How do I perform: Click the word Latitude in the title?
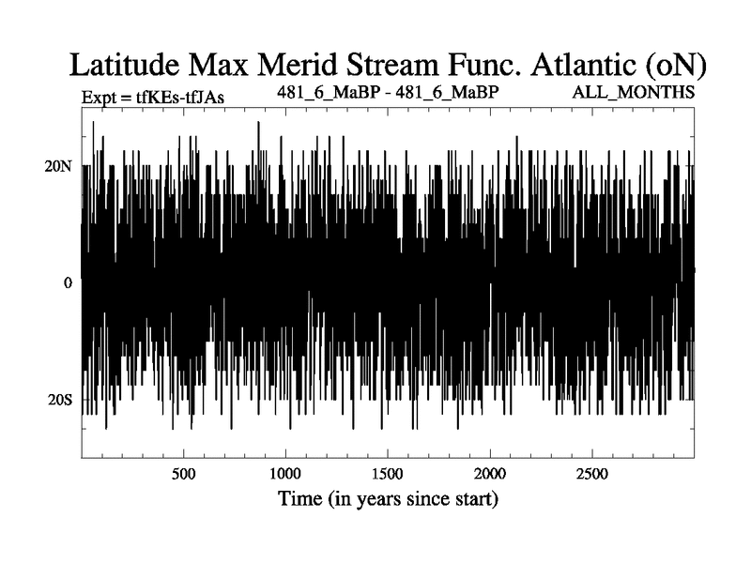click(x=125, y=65)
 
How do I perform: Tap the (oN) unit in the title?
click(x=675, y=66)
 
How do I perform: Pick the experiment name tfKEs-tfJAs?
click(x=180, y=98)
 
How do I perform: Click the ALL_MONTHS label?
click(x=633, y=92)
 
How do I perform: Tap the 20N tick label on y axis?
click(x=58, y=166)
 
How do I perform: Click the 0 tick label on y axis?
click(x=68, y=283)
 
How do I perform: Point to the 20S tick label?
click(x=60, y=400)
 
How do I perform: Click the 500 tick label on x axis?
click(x=183, y=474)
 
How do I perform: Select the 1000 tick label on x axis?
click(x=285, y=474)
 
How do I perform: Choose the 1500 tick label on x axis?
click(x=387, y=474)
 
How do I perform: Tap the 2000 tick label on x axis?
click(x=490, y=474)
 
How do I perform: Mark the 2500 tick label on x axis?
click(x=592, y=474)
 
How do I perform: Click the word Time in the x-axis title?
click(x=299, y=498)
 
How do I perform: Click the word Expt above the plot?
click(x=99, y=98)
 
